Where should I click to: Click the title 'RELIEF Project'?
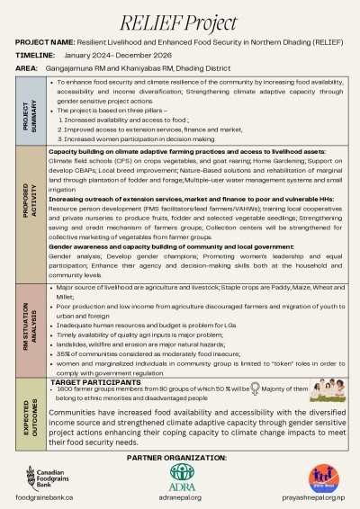179,20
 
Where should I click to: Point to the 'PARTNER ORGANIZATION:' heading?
179,458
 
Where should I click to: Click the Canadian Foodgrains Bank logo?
51,478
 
